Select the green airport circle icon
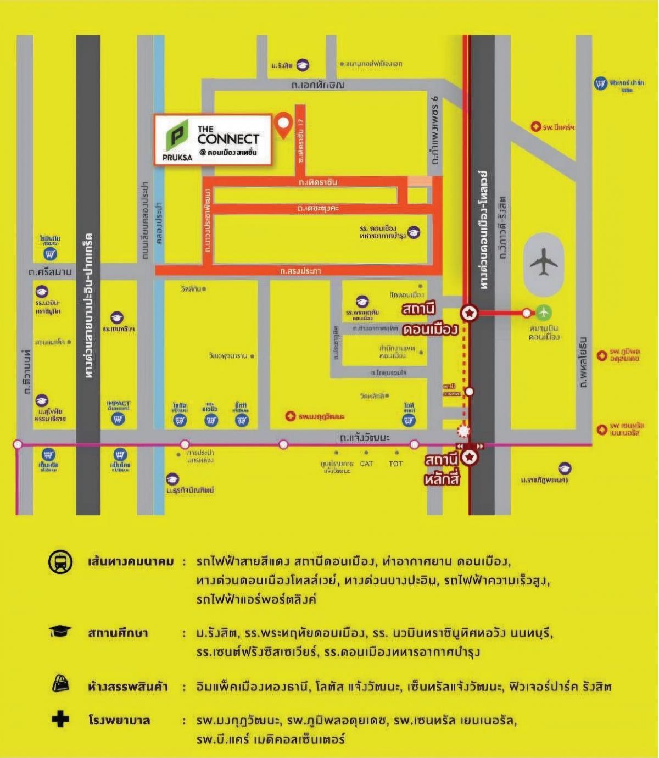tap(544, 313)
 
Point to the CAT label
tap(366, 464)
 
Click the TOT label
tap(395, 464)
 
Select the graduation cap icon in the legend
tap(60, 632)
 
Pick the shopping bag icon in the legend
tap(60, 684)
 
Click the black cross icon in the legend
tap(60, 719)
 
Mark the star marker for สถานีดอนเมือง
tap(470, 313)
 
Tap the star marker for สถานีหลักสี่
tap(470, 456)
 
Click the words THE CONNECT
tap(228, 136)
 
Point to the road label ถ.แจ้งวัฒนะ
tap(365, 438)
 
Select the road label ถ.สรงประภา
tap(300, 271)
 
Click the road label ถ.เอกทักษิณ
tap(318, 85)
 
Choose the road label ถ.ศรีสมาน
tap(51, 271)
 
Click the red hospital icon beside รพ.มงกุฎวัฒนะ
tap(291, 416)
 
